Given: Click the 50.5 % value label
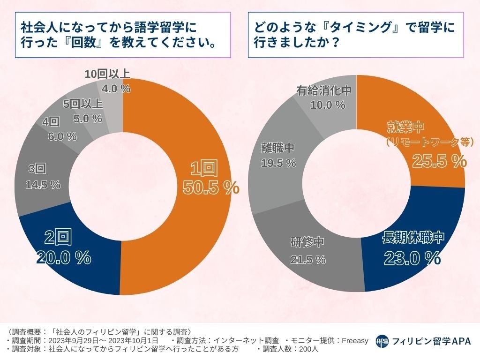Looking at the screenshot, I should coord(211,187).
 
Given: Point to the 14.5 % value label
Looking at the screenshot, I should coord(43,185).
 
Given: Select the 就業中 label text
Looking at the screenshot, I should coord(405,127).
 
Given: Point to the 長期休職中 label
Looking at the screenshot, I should coord(413,238).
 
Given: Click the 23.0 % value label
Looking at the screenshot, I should coord(412,257).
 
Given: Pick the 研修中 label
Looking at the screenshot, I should coord(307,242).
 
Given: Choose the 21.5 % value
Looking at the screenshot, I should coord(307,259).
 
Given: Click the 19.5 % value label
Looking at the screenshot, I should coord(278,163).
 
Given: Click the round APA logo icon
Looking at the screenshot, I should coord(382,341).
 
